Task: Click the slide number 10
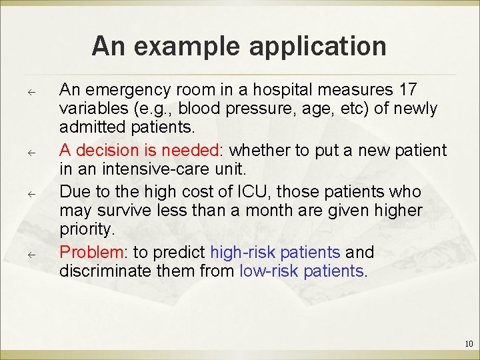point(469,344)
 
